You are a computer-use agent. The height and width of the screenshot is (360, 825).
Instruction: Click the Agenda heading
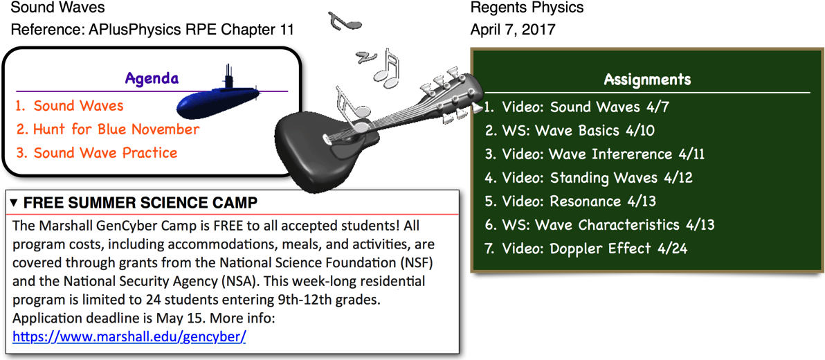coord(152,79)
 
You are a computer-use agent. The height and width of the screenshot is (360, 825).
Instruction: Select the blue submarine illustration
coord(218,94)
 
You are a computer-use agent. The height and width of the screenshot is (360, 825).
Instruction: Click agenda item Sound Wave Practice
coord(96,153)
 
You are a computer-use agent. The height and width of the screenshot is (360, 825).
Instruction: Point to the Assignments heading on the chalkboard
coord(647,80)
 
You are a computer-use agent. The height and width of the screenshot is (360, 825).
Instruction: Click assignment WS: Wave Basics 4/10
coord(570,131)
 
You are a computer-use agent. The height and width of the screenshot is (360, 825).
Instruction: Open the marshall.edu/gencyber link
coord(129,336)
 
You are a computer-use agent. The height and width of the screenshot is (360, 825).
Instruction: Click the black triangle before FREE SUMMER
coord(15,203)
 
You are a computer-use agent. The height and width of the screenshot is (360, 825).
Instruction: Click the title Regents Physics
coord(527,8)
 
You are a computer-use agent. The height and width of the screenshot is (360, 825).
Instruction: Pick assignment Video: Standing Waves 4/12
coord(588,177)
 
